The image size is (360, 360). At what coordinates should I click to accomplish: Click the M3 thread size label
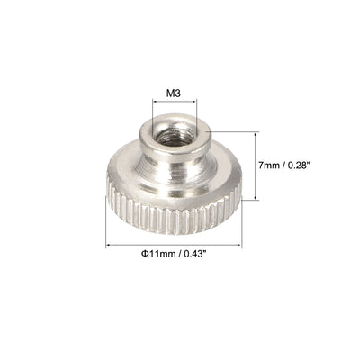[175, 92]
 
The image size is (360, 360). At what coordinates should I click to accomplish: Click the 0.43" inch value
[199, 255]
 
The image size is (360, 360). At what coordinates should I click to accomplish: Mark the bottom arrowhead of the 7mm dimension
[257, 197]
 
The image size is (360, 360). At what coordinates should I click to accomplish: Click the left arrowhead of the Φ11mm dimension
[108, 244]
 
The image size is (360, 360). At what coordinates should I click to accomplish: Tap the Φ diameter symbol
[143, 255]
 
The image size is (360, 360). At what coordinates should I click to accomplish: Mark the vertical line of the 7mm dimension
[257, 166]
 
